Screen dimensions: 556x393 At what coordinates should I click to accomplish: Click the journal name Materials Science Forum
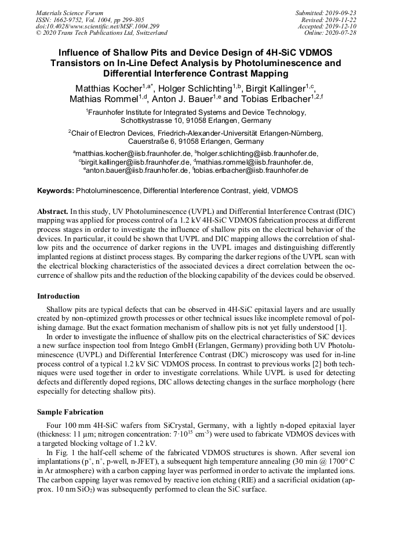coord(70,13)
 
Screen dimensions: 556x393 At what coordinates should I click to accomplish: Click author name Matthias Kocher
coord(108,89)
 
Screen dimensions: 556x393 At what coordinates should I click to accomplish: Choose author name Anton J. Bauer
coord(190,99)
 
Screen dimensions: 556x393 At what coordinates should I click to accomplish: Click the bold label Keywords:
coord(56,190)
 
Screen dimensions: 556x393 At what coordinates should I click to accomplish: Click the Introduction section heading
coord(59,296)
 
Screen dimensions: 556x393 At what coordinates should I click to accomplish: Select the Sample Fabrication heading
coord(70,412)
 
